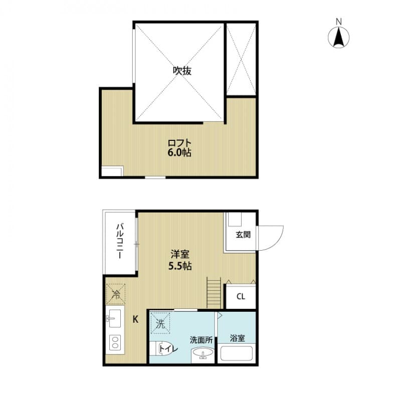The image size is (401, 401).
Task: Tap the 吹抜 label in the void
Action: click(x=182, y=71)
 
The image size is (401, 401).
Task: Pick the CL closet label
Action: click(x=241, y=296)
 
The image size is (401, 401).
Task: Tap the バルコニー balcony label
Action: click(x=120, y=242)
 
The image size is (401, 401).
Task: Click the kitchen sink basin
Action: click(x=114, y=318)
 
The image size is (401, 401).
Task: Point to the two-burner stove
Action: click(x=115, y=343)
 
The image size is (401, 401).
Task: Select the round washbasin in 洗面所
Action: click(x=204, y=353)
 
